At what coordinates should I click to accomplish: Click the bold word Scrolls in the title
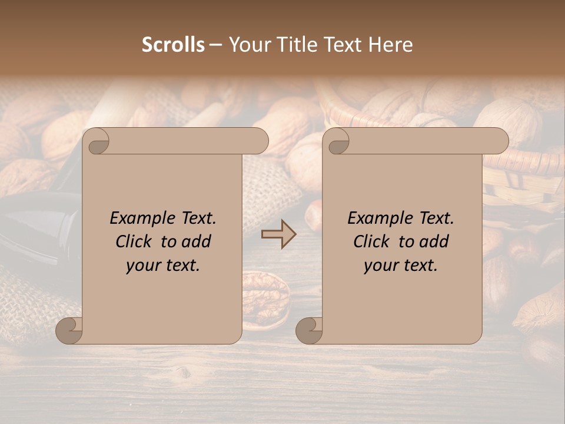pyautogui.click(x=173, y=45)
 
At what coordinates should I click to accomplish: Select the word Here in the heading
pyautogui.click(x=391, y=45)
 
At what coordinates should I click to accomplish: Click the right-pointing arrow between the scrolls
pyautogui.click(x=278, y=234)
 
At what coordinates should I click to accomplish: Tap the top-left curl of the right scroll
pyautogui.click(x=338, y=141)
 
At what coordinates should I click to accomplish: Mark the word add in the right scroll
pyautogui.click(x=435, y=241)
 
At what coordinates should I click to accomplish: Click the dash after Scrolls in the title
pyautogui.click(x=215, y=45)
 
